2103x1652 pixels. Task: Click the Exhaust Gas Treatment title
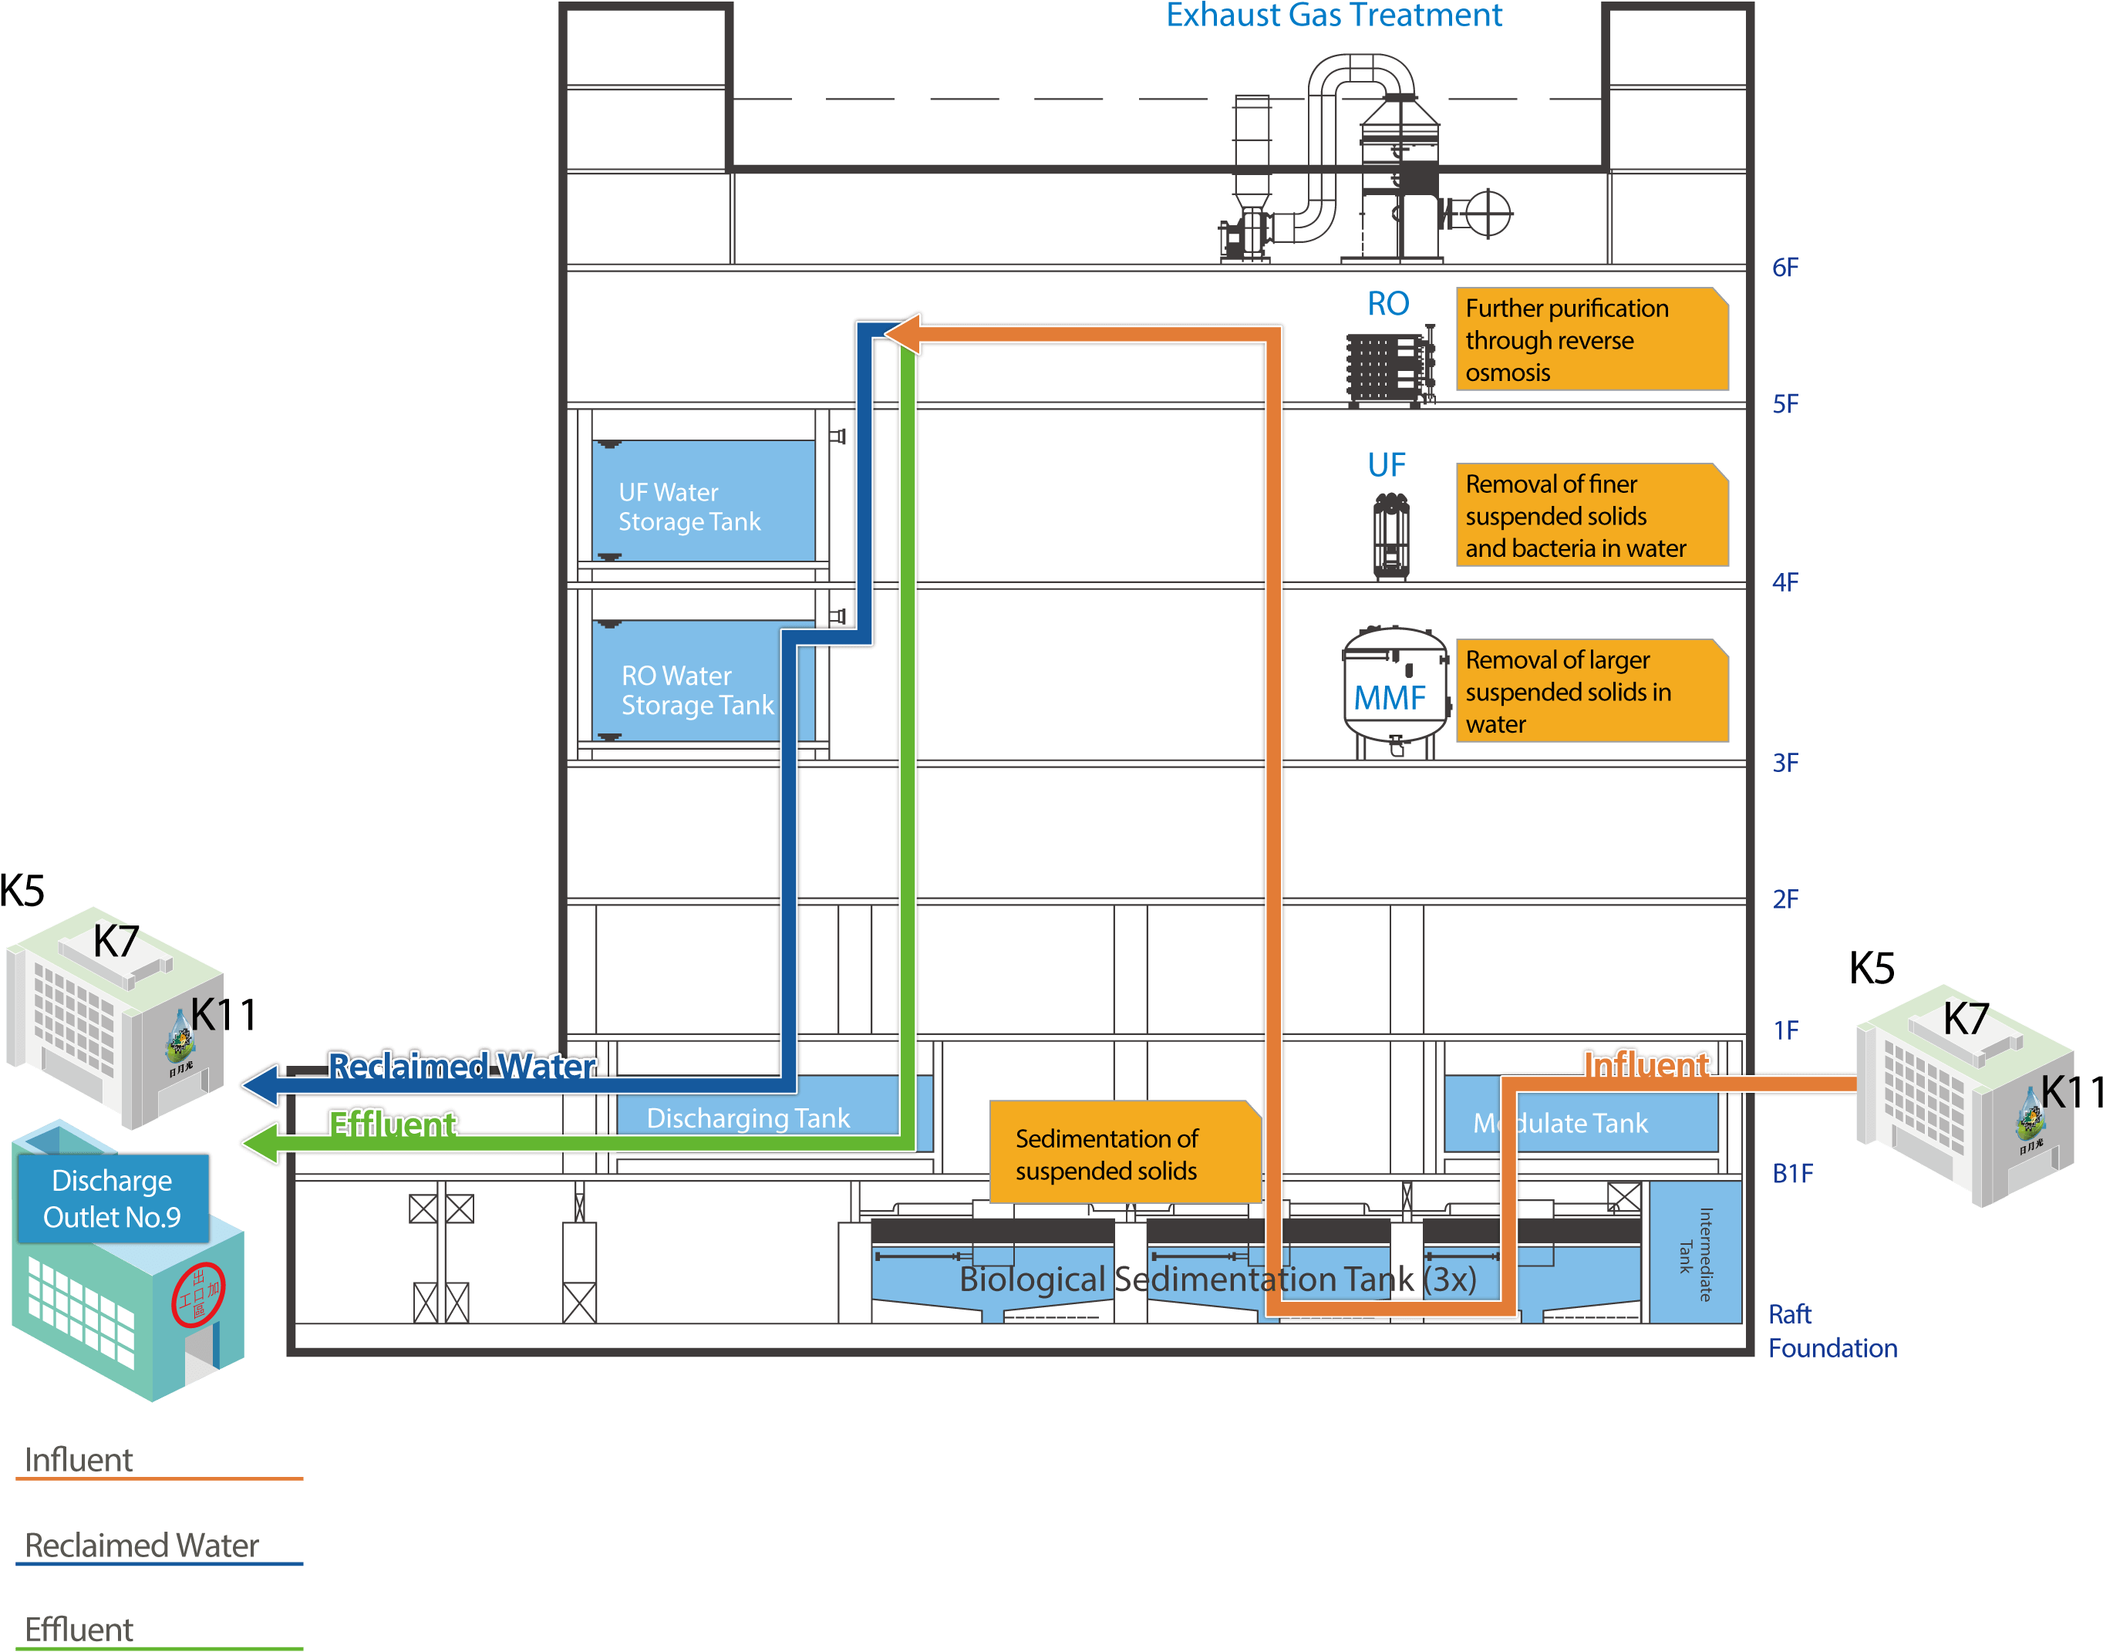(x=1333, y=15)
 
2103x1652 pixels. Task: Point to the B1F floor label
(x=1791, y=1173)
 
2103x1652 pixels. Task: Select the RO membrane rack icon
(x=1390, y=369)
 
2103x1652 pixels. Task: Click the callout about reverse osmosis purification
(x=1590, y=339)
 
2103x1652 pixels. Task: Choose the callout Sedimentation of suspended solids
(x=1124, y=1153)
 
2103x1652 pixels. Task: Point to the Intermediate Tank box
(x=1694, y=1253)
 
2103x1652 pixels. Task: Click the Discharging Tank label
(x=747, y=1118)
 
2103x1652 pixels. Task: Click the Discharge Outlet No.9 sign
(x=112, y=1199)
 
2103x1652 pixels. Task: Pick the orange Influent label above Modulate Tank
(x=1646, y=1064)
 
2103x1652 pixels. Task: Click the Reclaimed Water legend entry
(x=142, y=1545)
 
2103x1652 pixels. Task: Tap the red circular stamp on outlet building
(x=198, y=1294)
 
